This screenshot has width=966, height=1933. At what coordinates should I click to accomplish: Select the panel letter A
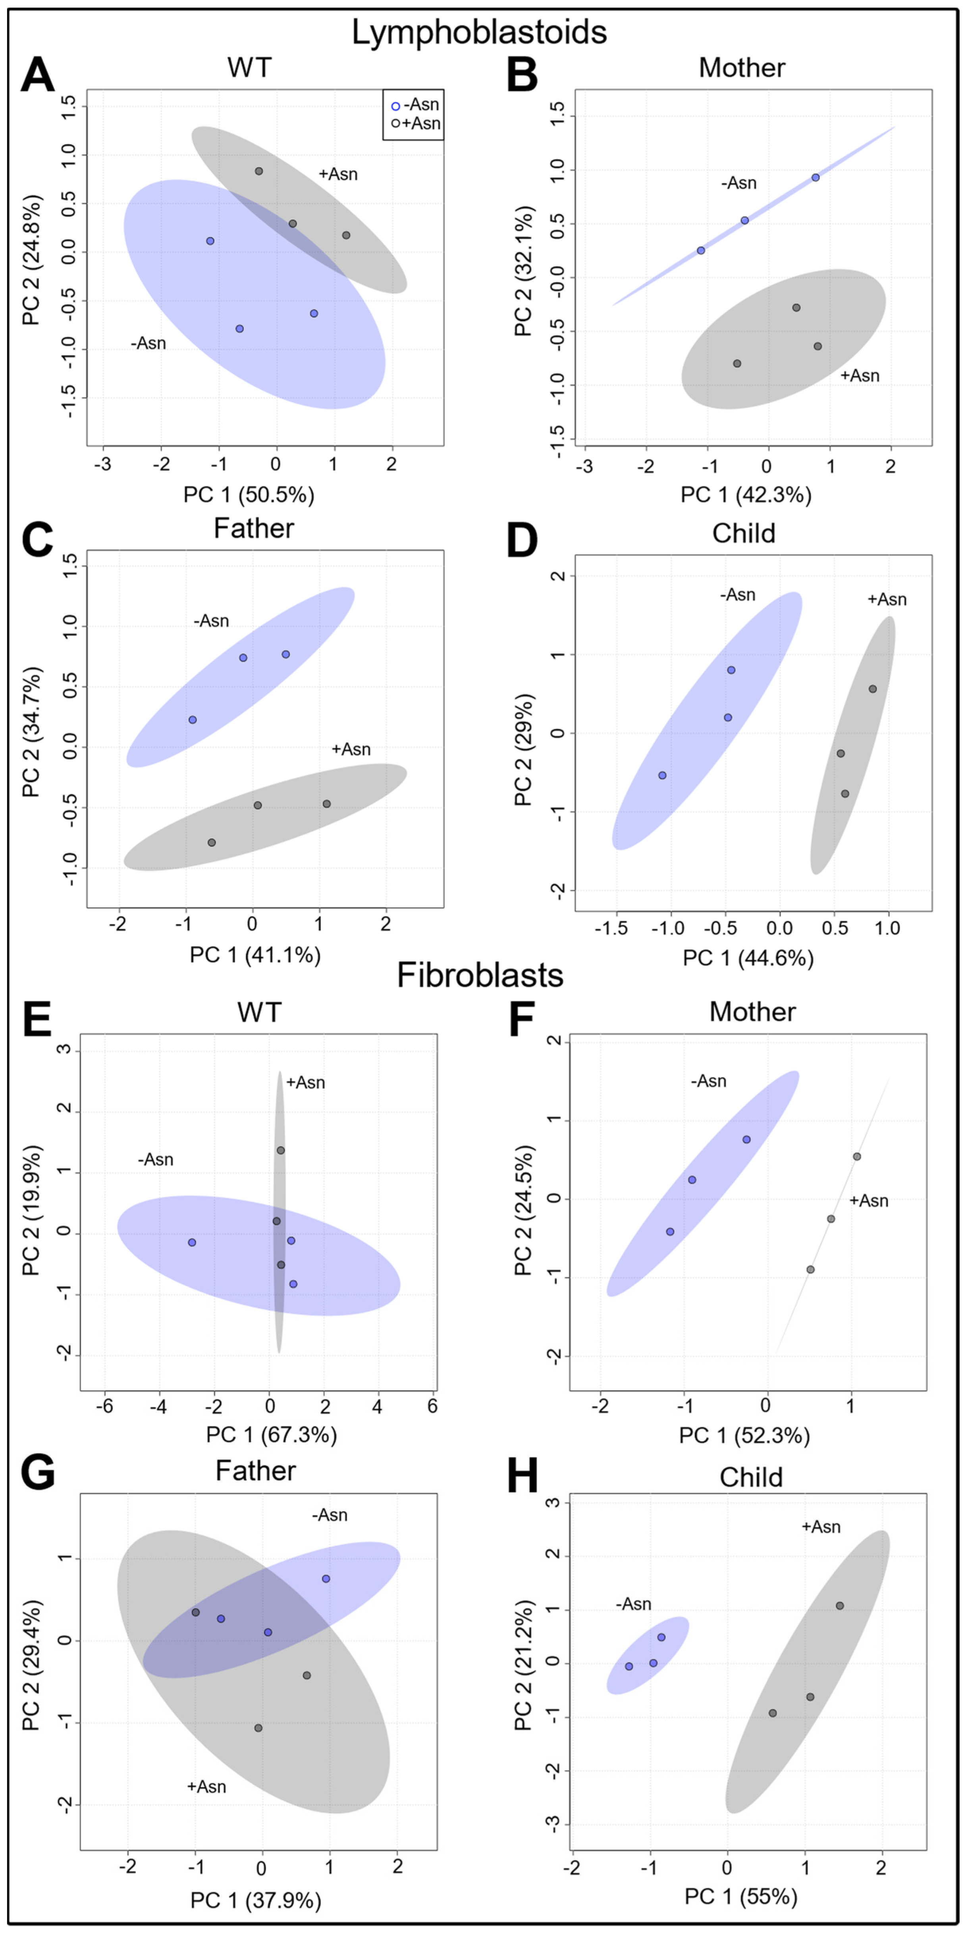38,76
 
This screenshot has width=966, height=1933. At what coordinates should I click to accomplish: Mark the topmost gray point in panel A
259,171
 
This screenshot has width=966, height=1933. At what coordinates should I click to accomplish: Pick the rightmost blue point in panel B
815,178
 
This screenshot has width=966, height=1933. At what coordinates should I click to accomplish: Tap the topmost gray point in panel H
840,1606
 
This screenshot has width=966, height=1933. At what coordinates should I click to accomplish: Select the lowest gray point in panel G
258,1728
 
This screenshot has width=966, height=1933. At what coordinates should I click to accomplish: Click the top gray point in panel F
856,1156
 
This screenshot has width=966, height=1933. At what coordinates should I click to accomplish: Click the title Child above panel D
743,533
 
